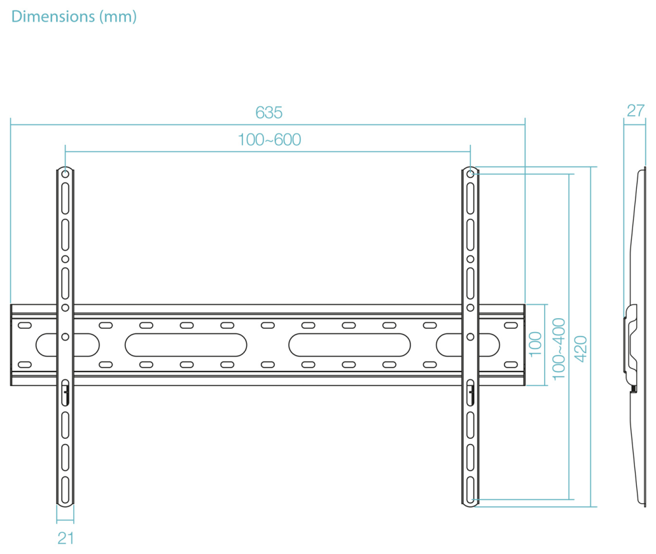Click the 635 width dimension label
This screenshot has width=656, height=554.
(x=269, y=113)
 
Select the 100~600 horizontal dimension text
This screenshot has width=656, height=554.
(x=269, y=140)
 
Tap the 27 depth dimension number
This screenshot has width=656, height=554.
(x=636, y=111)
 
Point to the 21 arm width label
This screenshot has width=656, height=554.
(x=66, y=538)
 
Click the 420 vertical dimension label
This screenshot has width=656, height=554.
(x=581, y=349)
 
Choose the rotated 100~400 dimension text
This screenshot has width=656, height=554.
(x=559, y=349)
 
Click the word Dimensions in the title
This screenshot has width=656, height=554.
(x=53, y=16)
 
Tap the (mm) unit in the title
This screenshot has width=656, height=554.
(x=118, y=16)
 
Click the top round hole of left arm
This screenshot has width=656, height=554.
(x=65, y=173)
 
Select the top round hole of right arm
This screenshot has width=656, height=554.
(x=470, y=173)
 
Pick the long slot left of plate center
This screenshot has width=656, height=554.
(x=186, y=345)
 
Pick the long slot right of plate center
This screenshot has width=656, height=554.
(x=349, y=345)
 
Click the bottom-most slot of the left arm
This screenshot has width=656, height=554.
(x=65, y=489)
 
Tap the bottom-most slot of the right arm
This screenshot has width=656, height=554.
(x=470, y=489)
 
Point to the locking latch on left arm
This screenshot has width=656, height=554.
(x=65, y=393)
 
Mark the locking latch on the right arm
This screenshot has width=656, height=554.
(x=470, y=393)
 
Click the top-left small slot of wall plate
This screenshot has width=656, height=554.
(x=24, y=325)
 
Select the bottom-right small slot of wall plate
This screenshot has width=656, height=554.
(x=511, y=364)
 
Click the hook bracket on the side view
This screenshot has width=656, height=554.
(x=631, y=345)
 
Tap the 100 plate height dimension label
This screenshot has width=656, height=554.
(x=535, y=345)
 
